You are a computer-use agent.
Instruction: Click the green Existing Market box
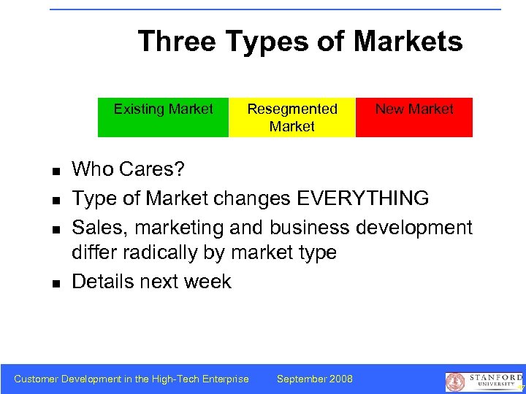[163, 117]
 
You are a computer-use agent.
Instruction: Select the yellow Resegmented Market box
[292, 117]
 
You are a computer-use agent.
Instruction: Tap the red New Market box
[414, 117]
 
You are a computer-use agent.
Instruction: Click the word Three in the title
[178, 42]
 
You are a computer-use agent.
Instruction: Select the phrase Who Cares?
[129, 170]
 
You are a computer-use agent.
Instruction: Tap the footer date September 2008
[315, 379]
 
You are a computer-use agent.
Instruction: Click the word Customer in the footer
[37, 379]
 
